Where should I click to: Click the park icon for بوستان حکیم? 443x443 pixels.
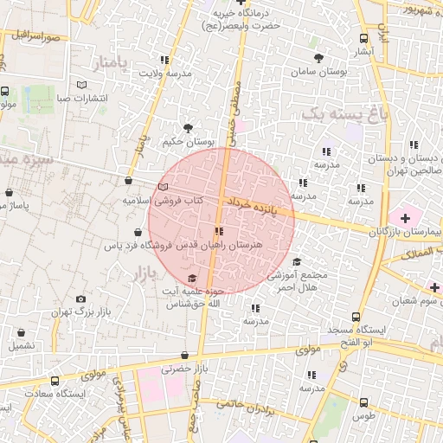[188, 127]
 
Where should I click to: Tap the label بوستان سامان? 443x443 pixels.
[319, 73]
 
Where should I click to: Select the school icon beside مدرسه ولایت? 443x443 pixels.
[164, 60]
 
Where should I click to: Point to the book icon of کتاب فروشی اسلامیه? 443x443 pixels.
[164, 187]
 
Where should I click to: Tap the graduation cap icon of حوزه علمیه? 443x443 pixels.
[191, 278]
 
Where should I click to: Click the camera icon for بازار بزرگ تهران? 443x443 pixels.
[81, 299]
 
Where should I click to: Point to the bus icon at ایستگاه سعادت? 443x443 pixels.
[55, 381]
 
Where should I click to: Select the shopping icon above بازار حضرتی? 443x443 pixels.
[184, 356]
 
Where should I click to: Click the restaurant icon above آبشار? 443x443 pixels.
[364, 37]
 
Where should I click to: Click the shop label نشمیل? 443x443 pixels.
[22, 344]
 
